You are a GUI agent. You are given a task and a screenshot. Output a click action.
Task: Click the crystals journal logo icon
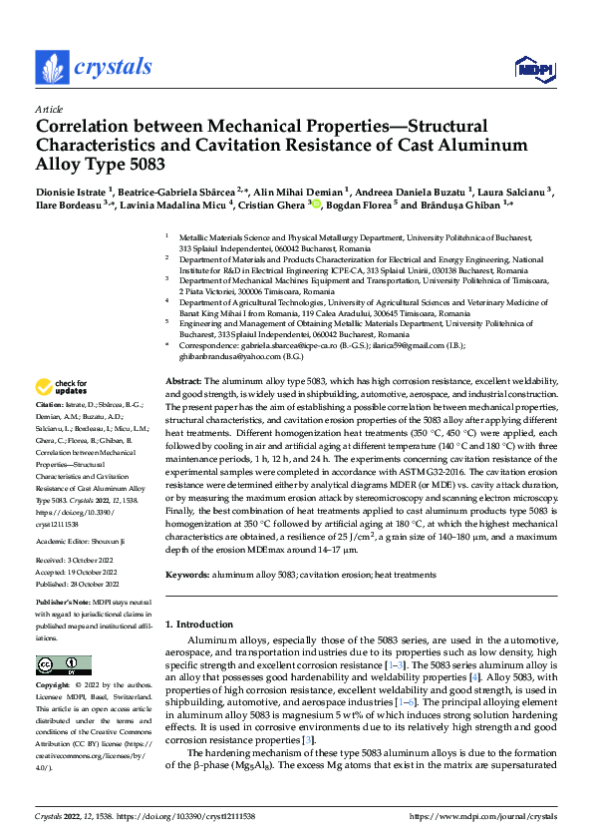pyautogui.click(x=50, y=68)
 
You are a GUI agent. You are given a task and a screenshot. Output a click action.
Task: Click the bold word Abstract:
pyautogui.click(x=183, y=382)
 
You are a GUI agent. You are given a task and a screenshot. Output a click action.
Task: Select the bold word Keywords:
pyautogui.click(x=186, y=575)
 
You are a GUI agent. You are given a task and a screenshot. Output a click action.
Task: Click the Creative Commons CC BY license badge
pyautogui.click(x=58, y=663)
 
